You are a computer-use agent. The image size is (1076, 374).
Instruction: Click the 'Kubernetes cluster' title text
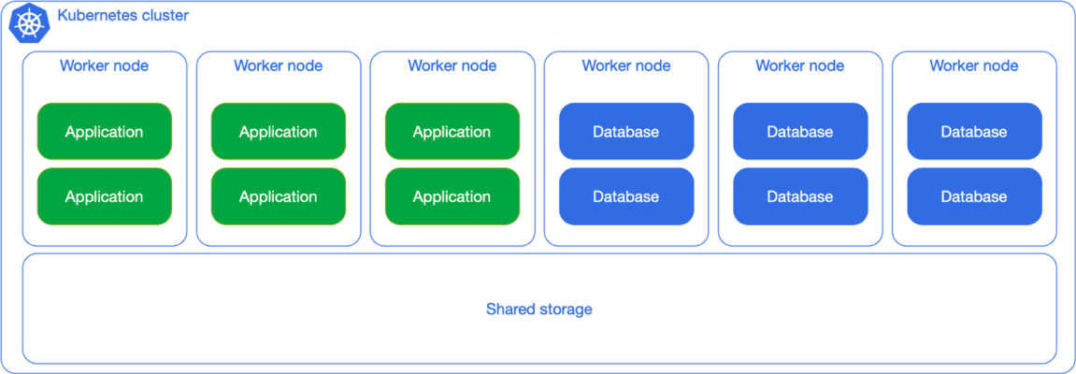coord(122,16)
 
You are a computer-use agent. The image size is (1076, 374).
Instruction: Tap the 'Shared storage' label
coord(538,309)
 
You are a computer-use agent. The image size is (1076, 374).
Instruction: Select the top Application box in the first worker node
coord(104,132)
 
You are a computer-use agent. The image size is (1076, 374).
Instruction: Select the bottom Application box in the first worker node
coord(104,196)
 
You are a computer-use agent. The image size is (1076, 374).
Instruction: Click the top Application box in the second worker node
coord(278,132)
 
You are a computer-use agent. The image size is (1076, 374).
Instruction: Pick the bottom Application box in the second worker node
coord(278,196)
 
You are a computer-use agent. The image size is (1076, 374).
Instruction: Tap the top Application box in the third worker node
coord(452,132)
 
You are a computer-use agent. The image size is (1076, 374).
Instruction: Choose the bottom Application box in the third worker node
coord(452,196)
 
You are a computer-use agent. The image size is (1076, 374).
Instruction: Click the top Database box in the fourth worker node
coord(625,132)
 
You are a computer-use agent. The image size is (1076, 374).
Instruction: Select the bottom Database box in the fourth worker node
coord(625,196)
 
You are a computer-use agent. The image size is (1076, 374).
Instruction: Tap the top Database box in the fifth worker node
coord(799,132)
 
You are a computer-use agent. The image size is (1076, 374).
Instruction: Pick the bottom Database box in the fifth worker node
coord(799,196)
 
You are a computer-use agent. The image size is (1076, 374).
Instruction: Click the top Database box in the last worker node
coord(973,132)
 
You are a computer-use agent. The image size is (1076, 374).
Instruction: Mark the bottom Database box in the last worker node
coord(973,196)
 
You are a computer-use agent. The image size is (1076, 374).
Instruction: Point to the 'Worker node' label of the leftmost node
coord(104,65)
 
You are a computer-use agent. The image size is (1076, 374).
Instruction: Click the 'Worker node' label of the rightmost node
coord(973,65)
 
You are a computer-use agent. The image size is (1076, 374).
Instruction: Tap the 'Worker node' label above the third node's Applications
coord(452,65)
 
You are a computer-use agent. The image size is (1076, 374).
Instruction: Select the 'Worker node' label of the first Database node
coord(625,65)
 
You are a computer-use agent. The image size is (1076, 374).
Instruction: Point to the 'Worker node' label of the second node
coord(278,65)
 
